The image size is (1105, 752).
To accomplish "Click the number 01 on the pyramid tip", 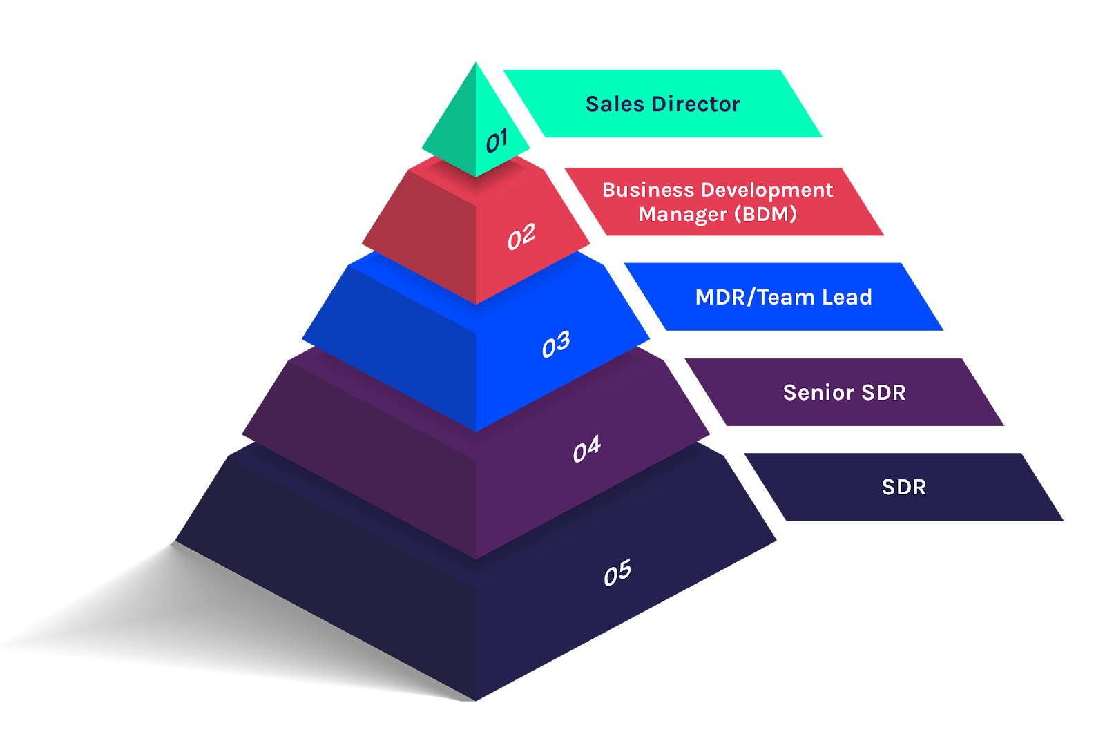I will click(497, 141).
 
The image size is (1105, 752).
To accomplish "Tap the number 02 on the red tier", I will click(521, 237).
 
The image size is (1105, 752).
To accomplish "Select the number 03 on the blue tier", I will click(556, 344).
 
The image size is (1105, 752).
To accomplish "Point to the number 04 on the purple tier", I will click(587, 450).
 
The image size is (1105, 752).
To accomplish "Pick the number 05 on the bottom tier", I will click(617, 572).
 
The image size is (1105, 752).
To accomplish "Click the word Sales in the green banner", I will click(615, 104).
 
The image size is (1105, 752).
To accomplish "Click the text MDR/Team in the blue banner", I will click(755, 297).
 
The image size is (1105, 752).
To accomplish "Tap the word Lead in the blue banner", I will click(847, 297).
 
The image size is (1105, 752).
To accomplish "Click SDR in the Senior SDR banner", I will click(883, 392).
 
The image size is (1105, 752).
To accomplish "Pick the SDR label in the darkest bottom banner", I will click(903, 487).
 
